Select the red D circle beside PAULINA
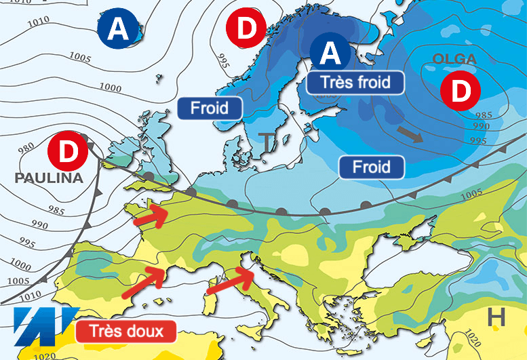pos(69,151)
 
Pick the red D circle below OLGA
pos(460,91)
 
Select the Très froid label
pos(355,83)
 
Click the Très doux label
pos(126,332)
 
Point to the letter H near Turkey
pos(497,316)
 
